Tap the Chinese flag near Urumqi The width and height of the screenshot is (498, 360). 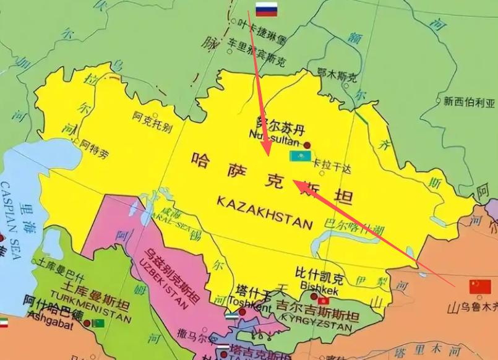coord(479,287)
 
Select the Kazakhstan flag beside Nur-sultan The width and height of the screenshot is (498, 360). coord(299,157)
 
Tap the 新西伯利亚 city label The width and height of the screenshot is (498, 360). coord(470,101)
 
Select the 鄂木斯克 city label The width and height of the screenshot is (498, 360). coord(337,77)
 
